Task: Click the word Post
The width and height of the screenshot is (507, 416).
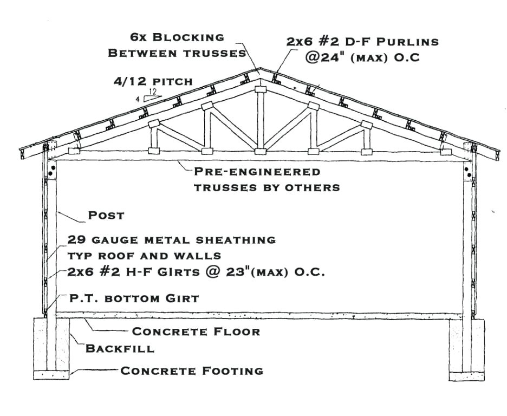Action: coord(106,215)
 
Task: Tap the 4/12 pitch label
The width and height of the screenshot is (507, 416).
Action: coord(153,81)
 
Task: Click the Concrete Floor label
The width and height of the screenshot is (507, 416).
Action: coord(196,331)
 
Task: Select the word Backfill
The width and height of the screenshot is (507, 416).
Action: coord(120,348)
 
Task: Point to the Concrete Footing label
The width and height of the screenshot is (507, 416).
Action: coord(192,370)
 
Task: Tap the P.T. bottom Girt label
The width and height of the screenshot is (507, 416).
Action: coord(134,298)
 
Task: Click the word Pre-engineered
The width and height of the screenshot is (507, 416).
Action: coord(257,171)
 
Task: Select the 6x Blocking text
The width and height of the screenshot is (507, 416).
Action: coord(177,37)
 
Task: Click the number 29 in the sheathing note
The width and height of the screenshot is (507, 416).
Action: coord(77,240)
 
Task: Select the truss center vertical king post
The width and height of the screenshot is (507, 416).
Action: coord(261,120)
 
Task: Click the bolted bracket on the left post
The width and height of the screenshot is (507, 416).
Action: coord(52,170)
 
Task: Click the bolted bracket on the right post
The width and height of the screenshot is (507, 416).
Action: coord(467,170)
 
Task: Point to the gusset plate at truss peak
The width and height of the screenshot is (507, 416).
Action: coord(261,89)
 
